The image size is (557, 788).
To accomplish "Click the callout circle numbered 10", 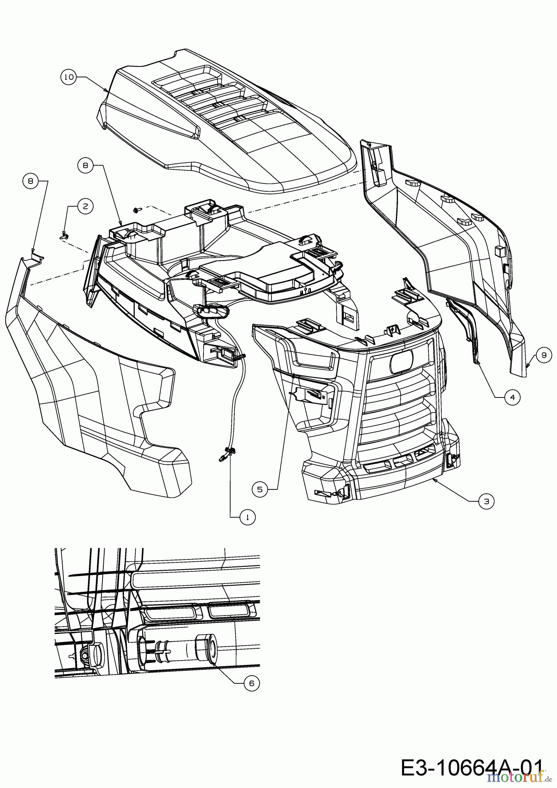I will [68, 77].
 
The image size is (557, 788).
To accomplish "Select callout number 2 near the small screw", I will [85, 206].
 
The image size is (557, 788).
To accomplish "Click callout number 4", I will [512, 397].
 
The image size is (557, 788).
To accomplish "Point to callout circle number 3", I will [486, 501].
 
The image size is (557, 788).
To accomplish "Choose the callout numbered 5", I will [260, 489].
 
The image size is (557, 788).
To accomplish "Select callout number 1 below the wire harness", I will [247, 517].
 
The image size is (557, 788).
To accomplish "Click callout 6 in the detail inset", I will [251, 684].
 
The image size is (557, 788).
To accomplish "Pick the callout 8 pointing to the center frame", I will [85, 165].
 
